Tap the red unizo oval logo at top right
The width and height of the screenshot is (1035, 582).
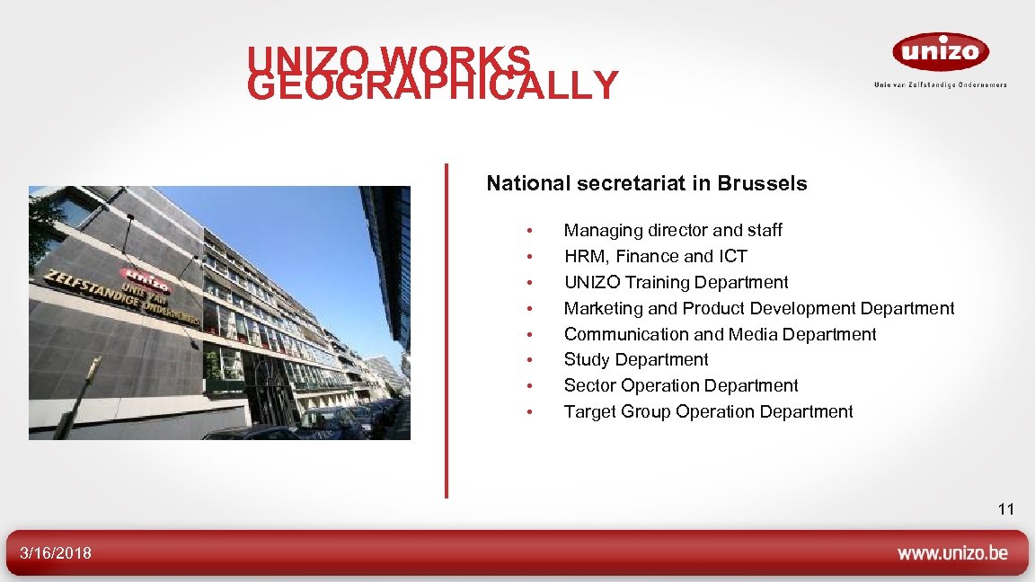[940, 52]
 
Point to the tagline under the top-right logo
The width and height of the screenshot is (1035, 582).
[940, 84]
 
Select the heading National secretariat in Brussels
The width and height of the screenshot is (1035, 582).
[646, 184]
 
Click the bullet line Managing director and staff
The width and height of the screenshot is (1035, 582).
[672, 231]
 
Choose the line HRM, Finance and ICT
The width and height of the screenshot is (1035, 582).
[655, 257]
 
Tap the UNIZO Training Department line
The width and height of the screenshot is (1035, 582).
[676, 283]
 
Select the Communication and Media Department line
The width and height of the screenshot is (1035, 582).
[720, 335]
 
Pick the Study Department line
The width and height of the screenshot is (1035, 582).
[635, 360]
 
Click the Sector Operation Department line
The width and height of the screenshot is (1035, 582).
[680, 386]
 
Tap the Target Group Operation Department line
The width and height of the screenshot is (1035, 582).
[708, 412]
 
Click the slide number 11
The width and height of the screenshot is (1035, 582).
[1005, 510]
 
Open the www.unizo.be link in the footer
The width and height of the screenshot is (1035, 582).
[952, 553]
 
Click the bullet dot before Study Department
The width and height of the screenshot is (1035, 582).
[531, 361]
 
